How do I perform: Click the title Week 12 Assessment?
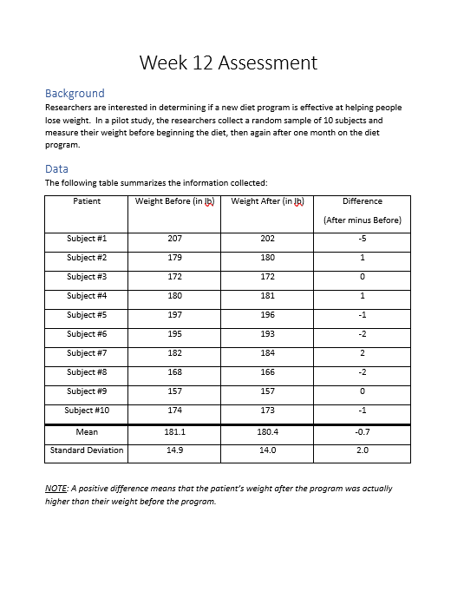[x=228, y=62]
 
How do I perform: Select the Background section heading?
[x=75, y=93]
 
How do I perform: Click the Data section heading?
[x=56, y=168]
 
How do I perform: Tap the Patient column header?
[x=87, y=201]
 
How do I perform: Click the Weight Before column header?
[x=174, y=201]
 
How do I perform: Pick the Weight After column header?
[x=267, y=201]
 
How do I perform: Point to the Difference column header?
[x=362, y=201]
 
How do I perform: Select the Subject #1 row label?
[x=87, y=239]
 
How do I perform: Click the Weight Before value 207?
[x=174, y=239]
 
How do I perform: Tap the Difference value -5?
[x=362, y=239]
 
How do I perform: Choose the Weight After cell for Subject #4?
[x=267, y=296]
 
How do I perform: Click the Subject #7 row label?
[x=87, y=353]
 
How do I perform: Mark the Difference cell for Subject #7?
[x=362, y=353]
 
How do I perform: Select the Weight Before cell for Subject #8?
[x=174, y=372]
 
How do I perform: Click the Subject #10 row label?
[x=88, y=411]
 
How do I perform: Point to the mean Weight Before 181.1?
[x=174, y=431]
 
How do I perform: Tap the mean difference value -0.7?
[x=362, y=431]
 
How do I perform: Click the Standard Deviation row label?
[x=87, y=450]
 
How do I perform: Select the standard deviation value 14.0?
[x=267, y=450]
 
